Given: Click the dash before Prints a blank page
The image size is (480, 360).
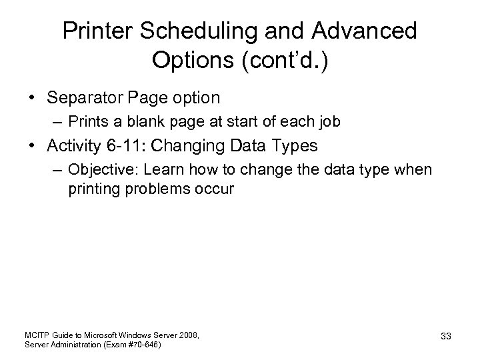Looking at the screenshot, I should pyautogui.click(x=59, y=122).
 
